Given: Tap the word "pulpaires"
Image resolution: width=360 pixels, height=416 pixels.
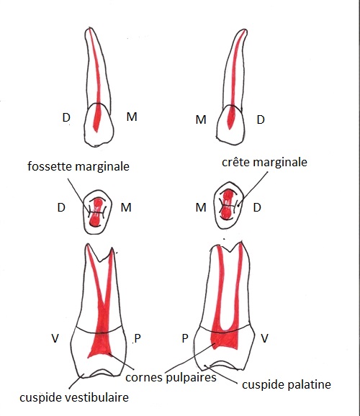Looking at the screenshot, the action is [x=191, y=378].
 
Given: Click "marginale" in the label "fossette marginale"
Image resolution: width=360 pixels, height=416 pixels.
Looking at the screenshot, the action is [x=102, y=167].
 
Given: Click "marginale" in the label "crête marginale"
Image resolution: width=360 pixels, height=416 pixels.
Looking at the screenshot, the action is [x=280, y=163].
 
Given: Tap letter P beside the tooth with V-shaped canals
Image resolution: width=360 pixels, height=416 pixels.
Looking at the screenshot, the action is [x=138, y=338].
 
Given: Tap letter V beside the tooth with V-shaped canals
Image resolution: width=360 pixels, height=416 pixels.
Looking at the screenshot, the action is [x=55, y=338].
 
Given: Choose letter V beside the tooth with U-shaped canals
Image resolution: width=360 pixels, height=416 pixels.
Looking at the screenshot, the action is [x=264, y=338].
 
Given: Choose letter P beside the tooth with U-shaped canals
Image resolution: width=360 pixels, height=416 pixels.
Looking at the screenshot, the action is [x=185, y=338].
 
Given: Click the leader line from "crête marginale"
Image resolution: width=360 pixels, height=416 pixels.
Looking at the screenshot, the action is [x=253, y=188].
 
